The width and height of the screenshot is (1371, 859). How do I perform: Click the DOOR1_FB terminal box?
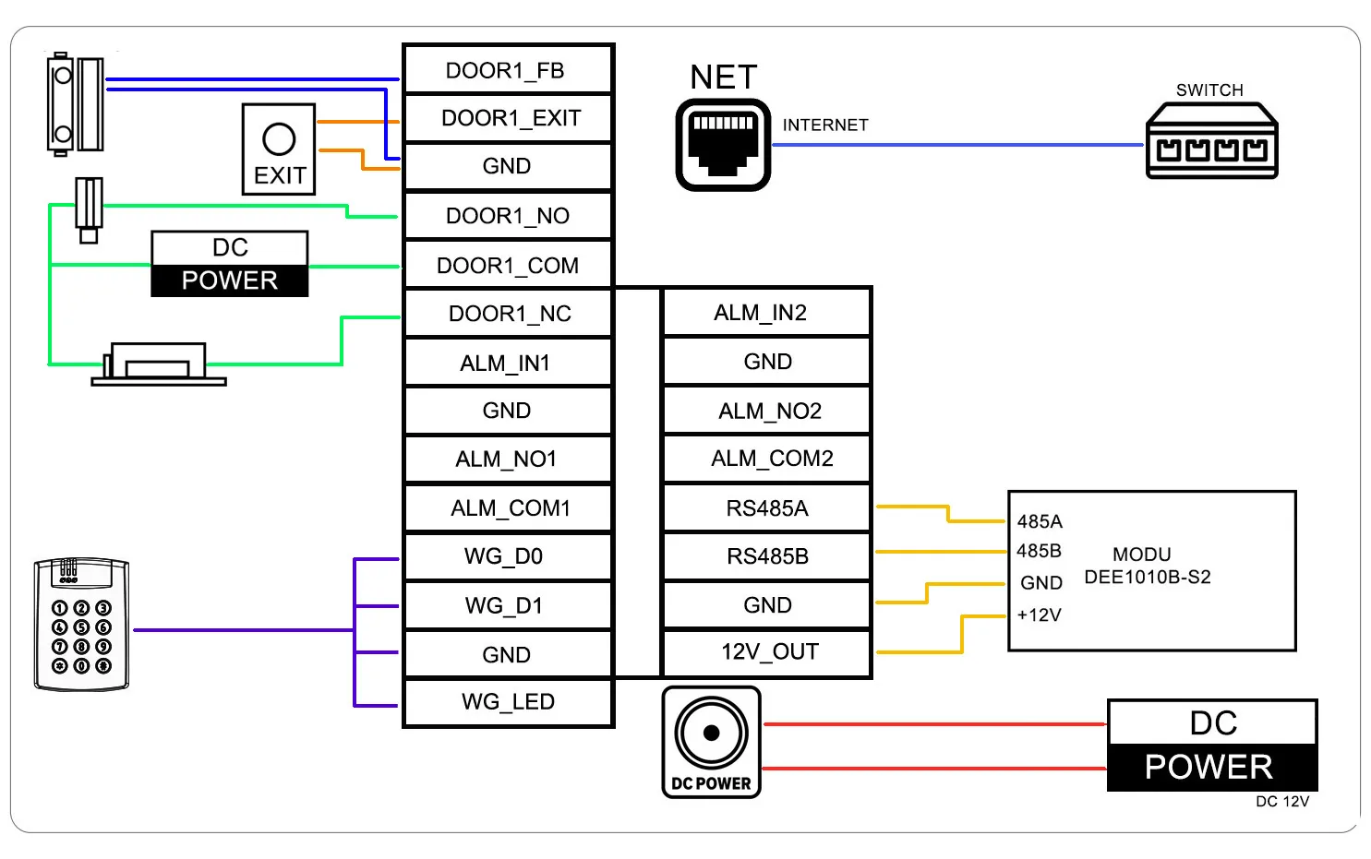point(508,70)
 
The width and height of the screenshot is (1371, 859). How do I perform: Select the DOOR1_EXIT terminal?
point(508,118)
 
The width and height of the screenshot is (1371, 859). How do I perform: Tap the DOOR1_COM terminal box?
point(508,266)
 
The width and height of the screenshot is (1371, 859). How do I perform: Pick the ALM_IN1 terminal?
point(508,363)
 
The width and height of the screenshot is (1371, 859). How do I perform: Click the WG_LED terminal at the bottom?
point(508,702)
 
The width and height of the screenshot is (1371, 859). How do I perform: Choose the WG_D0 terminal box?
point(508,556)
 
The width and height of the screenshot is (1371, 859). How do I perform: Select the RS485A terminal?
point(767,508)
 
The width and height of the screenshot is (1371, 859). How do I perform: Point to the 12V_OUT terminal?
point(767,652)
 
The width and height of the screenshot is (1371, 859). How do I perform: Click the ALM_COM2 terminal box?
point(767,459)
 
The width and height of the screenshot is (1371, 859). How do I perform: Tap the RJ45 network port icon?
point(723,145)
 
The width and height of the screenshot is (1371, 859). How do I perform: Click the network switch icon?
point(1211,142)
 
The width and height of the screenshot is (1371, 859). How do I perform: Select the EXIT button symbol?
point(279,149)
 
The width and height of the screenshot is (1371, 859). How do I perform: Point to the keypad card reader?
point(81,624)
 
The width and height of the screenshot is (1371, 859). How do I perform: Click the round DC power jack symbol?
point(711,734)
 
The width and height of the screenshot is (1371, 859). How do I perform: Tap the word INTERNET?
point(825,125)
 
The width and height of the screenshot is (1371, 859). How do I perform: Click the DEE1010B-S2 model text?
point(1147,578)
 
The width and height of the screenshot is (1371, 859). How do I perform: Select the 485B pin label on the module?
point(1039,551)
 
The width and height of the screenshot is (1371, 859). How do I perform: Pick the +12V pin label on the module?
point(1039,615)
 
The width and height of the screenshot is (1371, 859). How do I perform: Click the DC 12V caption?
point(1281,802)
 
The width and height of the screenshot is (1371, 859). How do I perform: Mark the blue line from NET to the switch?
point(960,145)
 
